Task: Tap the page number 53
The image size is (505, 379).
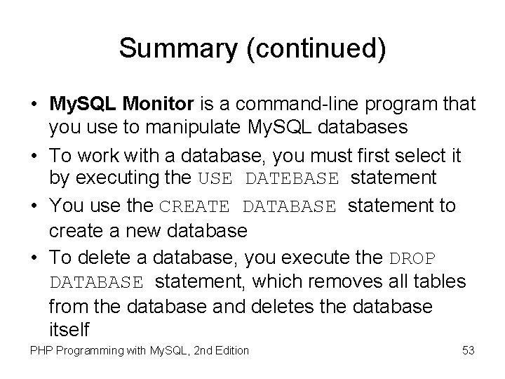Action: [469, 350]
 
